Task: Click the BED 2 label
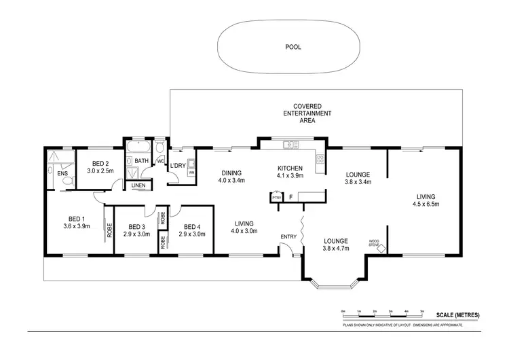pyautogui.click(x=100, y=163)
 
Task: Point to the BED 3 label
pyautogui.click(x=136, y=227)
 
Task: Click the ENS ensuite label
pyautogui.click(x=62, y=174)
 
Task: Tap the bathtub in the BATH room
pyautogui.click(x=138, y=148)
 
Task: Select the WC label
pyautogui.click(x=160, y=161)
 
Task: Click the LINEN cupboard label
pyautogui.click(x=138, y=185)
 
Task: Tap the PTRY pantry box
pyautogui.click(x=276, y=197)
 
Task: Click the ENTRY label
pyautogui.click(x=288, y=236)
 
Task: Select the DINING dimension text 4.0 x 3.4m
pyautogui.click(x=231, y=181)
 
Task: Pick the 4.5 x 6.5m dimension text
pyautogui.click(x=428, y=203)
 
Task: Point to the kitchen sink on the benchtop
pyautogui.click(x=290, y=144)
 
